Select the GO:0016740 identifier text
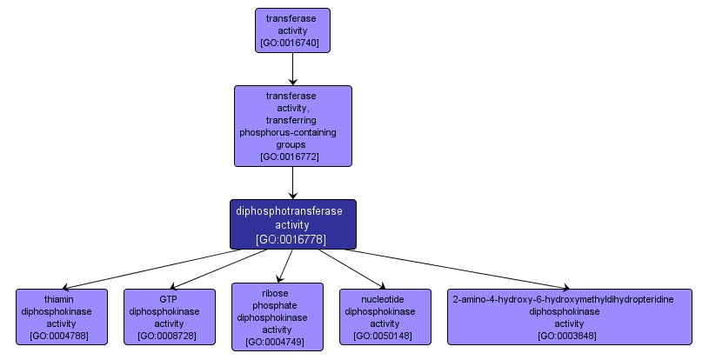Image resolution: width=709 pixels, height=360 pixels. coord(292,43)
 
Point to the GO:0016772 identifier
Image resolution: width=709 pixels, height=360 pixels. coord(292,157)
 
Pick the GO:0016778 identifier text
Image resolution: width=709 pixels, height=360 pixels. coord(292,238)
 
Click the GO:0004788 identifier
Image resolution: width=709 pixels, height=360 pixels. coord(62,335)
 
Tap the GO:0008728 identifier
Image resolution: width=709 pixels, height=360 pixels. coord(169,335)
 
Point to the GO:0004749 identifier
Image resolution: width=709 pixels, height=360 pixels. coord(277,342)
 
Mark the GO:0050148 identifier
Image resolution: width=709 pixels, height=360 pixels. coord(385,335)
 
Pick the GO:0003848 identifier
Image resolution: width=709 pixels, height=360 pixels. coord(570,335)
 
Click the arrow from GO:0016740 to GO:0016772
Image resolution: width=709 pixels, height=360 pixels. coord(292,67)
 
